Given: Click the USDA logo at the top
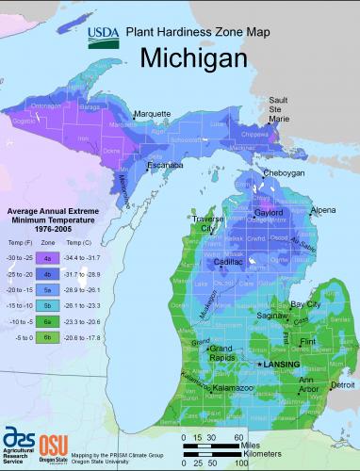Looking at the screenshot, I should click(x=103, y=35).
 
